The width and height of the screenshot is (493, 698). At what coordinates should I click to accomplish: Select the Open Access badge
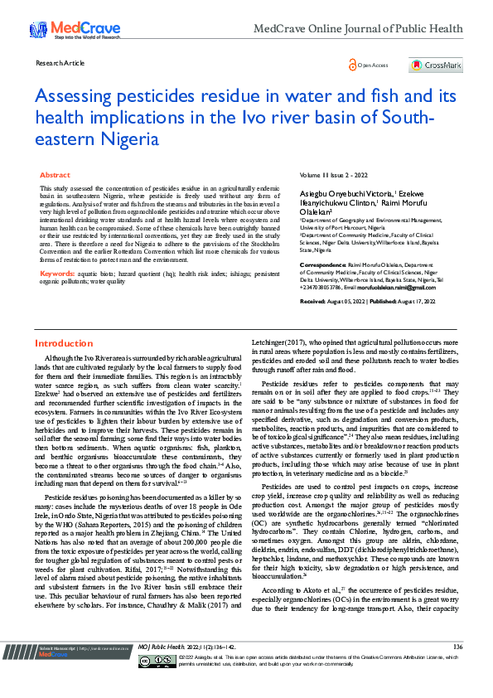pyautogui.click(x=370, y=65)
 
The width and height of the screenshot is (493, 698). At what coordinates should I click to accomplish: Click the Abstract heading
pyautogui.click(x=56, y=175)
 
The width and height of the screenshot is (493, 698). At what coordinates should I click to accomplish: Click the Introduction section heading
pyautogui.click(x=64, y=342)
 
